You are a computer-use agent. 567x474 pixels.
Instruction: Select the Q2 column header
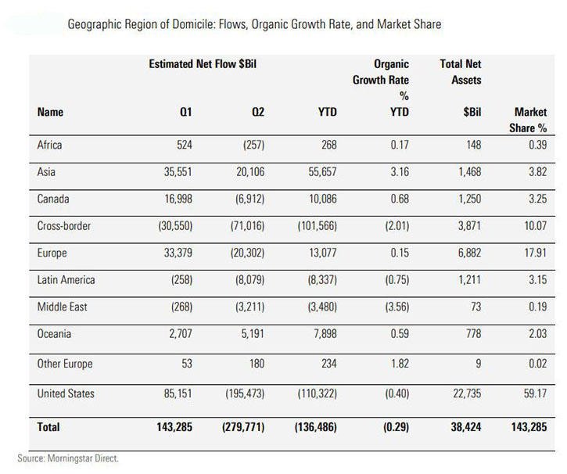point(257,113)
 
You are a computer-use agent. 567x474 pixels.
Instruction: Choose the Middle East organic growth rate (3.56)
point(392,308)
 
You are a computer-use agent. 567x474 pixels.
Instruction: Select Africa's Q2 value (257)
point(249,145)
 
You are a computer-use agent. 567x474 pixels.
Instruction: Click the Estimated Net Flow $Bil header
point(203,63)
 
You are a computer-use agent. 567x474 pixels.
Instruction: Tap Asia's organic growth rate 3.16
point(395,172)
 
